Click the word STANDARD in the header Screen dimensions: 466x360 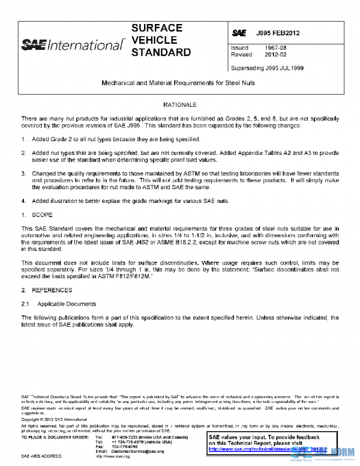click(x=161, y=52)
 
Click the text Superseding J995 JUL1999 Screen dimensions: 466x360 click(x=267, y=68)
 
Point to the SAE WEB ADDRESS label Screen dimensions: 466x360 click(x=43, y=456)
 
